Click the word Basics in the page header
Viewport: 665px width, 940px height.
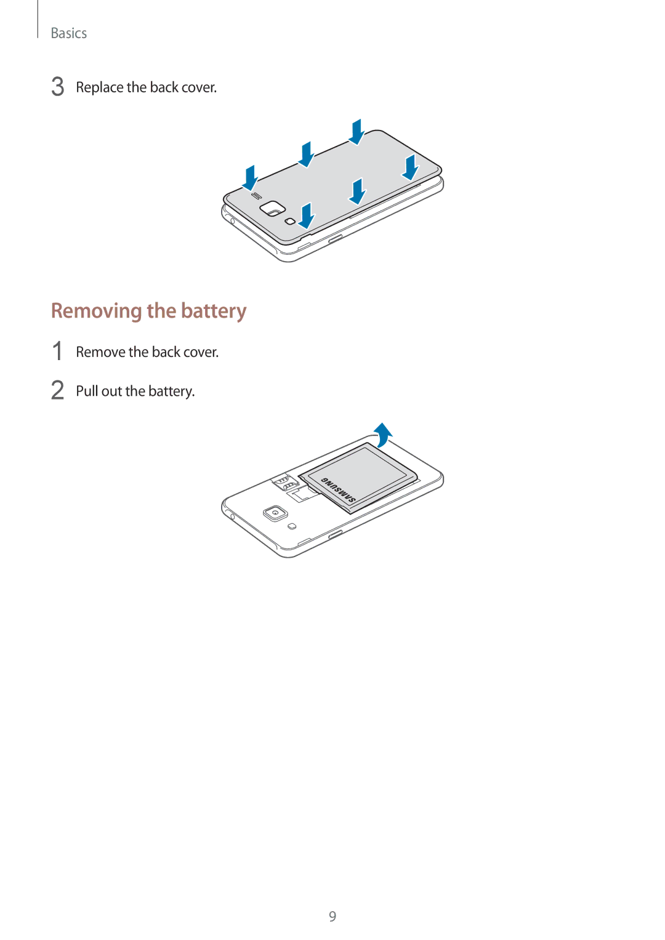pyautogui.click(x=69, y=33)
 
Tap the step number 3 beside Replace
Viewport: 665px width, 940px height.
pyautogui.click(x=57, y=87)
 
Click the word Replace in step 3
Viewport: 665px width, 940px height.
pyautogui.click(x=100, y=87)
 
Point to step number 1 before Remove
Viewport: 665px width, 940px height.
pyautogui.click(x=57, y=351)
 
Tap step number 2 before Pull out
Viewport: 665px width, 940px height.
pyautogui.click(x=57, y=390)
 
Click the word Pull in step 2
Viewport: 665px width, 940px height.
pyautogui.click(x=87, y=391)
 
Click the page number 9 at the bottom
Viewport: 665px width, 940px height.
pyautogui.click(x=332, y=916)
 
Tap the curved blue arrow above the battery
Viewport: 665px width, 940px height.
pyautogui.click(x=383, y=435)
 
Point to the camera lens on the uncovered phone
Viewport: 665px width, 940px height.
pyautogui.click(x=275, y=513)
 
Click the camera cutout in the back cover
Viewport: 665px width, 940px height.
pyautogui.click(x=272, y=207)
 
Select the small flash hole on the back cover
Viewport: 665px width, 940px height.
pyautogui.click(x=290, y=221)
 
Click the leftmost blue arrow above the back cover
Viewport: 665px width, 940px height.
pyautogui.click(x=250, y=179)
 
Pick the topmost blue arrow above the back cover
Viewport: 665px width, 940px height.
pyautogui.click(x=357, y=132)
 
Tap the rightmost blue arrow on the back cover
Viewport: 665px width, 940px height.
pyautogui.click(x=410, y=167)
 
